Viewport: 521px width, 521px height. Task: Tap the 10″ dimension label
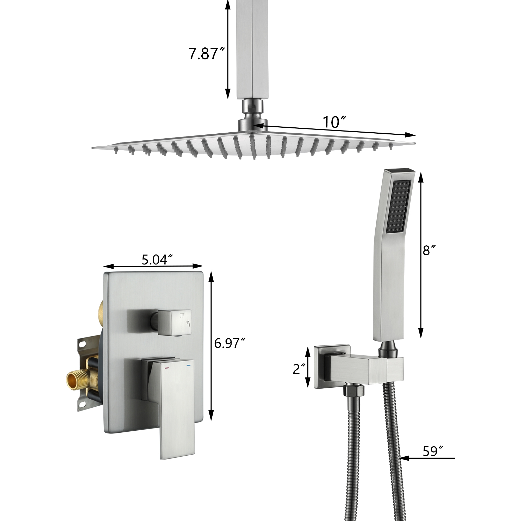(334, 122)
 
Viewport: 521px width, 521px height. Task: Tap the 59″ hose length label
(433, 451)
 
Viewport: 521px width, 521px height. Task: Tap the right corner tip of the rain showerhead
(414, 143)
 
